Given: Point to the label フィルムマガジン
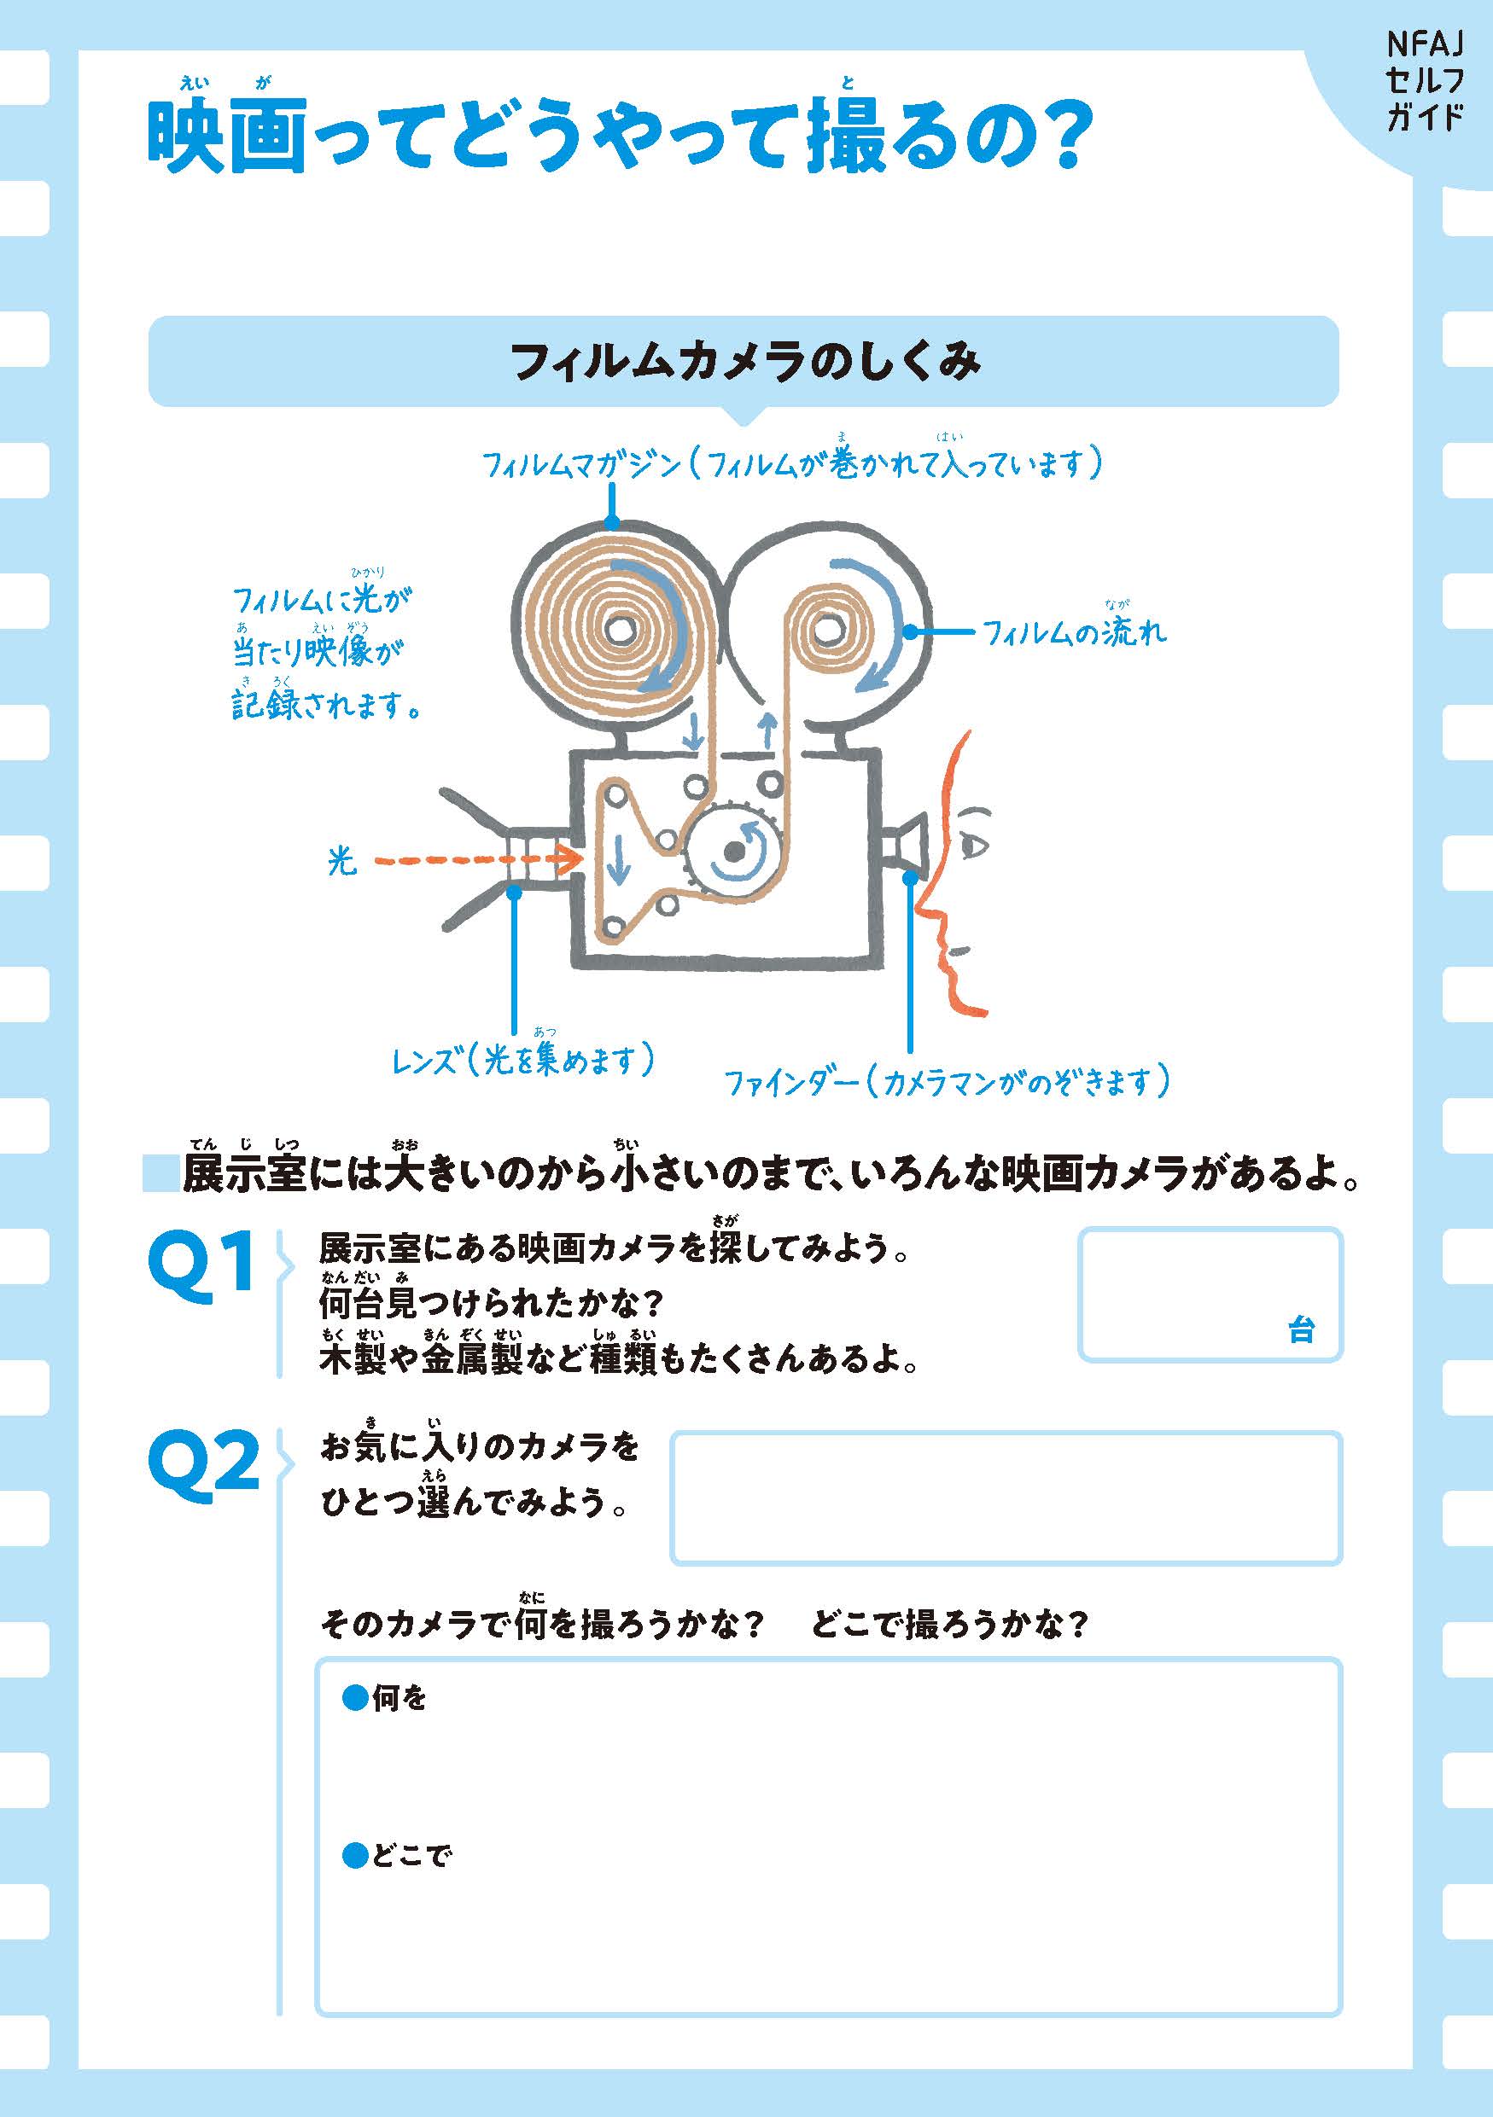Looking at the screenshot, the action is pyautogui.click(x=582, y=464).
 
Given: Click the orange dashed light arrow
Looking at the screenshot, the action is pyautogui.click(x=479, y=859).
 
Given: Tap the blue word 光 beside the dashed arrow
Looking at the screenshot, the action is pyautogui.click(x=341, y=861).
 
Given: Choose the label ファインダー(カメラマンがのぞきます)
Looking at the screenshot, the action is pyautogui.click(x=946, y=1080).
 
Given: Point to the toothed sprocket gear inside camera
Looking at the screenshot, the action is pyautogui.click(x=735, y=850).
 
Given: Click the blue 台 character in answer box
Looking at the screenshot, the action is pyautogui.click(x=1300, y=1330).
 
